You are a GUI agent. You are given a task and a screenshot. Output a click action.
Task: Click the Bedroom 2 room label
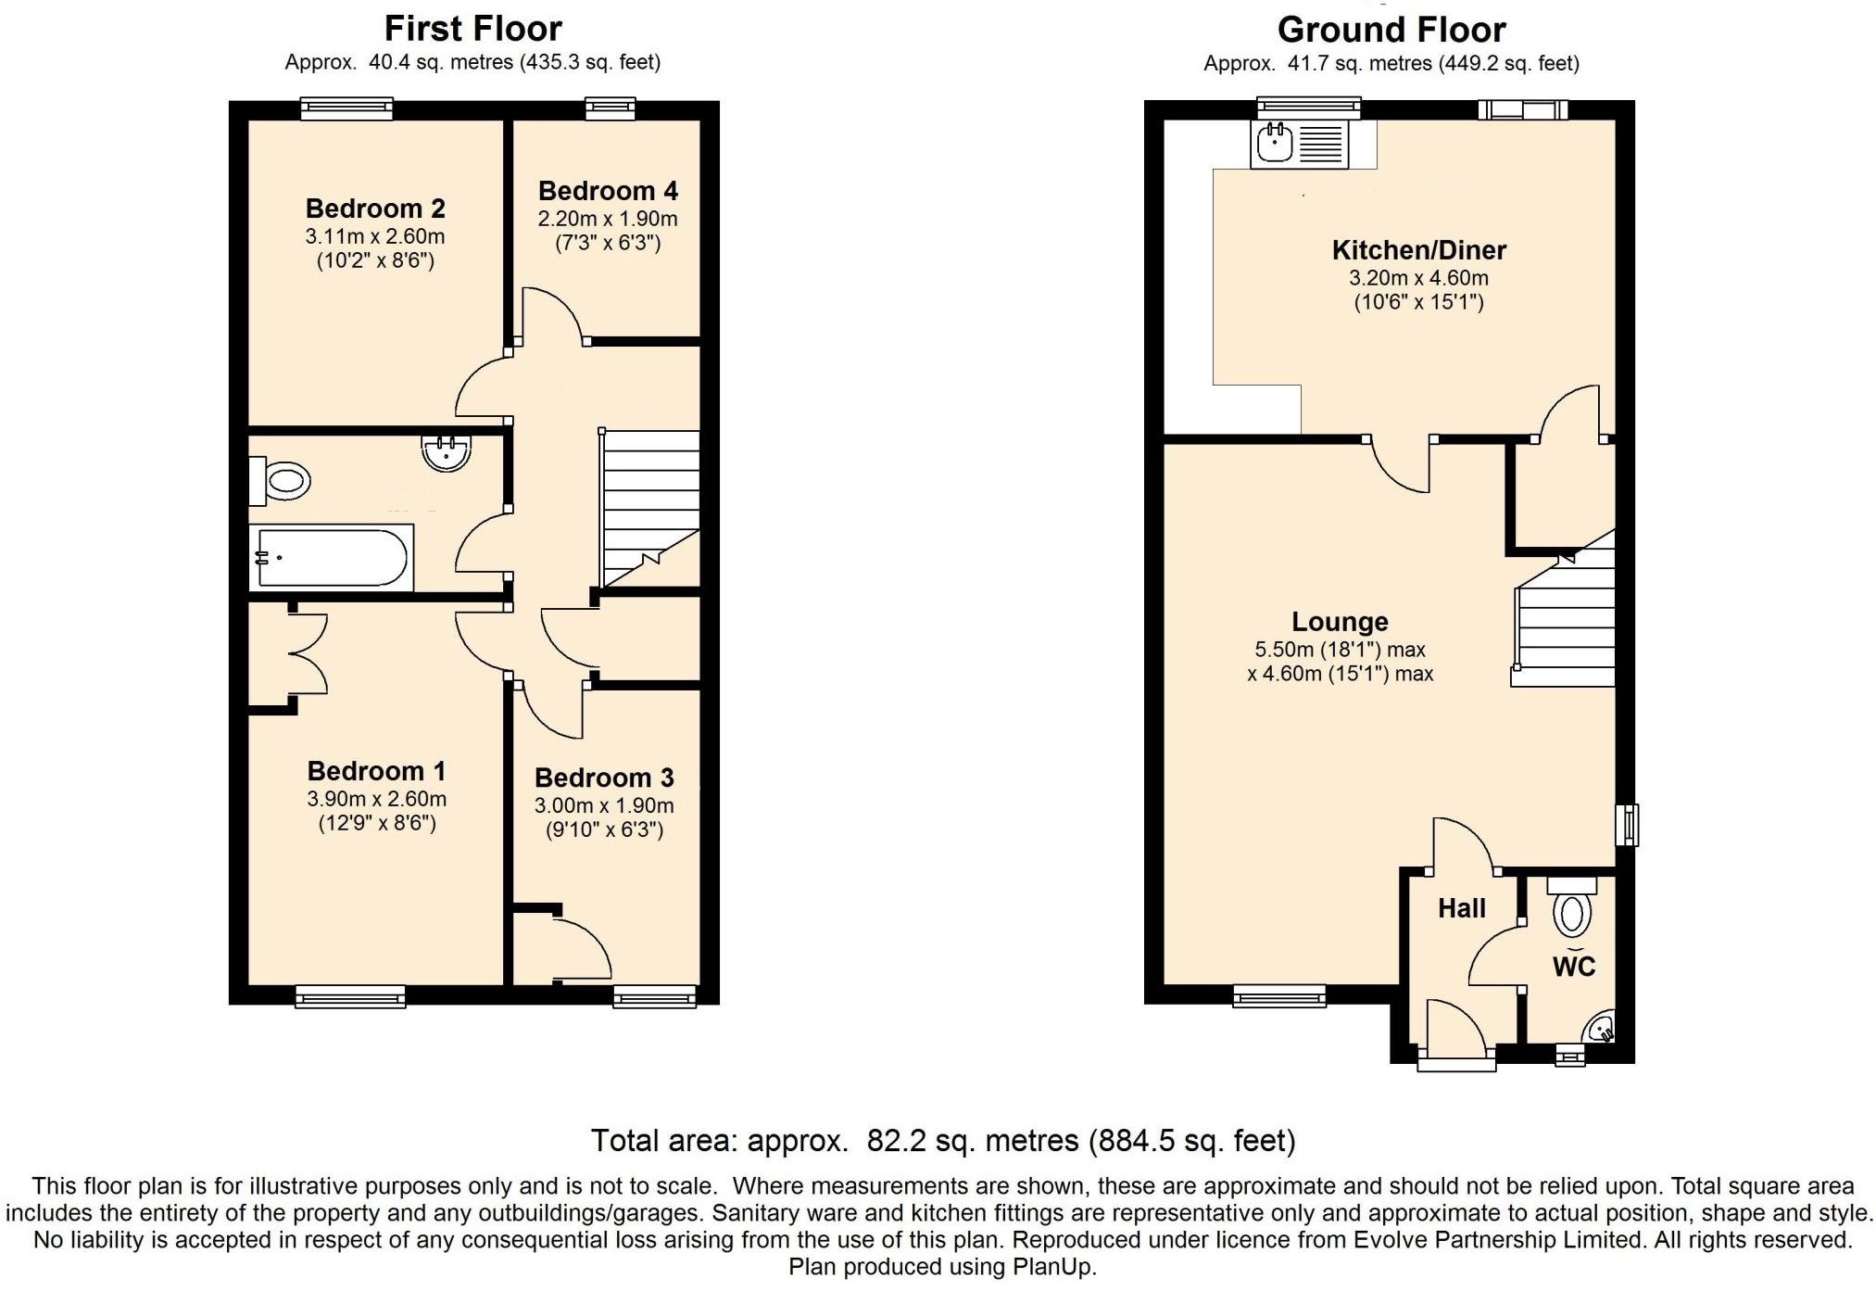coord(375,209)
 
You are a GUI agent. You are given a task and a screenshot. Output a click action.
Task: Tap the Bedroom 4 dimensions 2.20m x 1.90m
coord(608,220)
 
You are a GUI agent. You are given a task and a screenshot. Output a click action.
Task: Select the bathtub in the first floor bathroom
coord(332,558)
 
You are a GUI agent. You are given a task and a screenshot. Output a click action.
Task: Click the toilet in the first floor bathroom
coord(282,481)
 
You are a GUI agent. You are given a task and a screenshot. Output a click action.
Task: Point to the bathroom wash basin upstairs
coord(446,453)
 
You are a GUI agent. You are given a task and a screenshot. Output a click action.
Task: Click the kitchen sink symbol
coord(1275,144)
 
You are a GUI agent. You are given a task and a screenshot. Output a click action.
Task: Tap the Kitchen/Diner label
coord(1418,250)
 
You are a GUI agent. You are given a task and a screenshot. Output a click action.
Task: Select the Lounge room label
coord(1340,622)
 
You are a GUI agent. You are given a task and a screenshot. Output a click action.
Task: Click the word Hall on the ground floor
coord(1461,908)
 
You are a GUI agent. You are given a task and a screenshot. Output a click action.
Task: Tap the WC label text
coord(1573,967)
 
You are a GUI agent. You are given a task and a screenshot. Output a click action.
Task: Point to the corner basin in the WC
coord(1602,1028)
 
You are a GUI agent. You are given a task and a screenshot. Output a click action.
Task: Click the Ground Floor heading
coord(1391,30)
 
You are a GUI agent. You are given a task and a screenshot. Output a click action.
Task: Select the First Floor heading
coord(472,29)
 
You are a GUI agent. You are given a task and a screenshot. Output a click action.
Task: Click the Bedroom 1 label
coord(376,771)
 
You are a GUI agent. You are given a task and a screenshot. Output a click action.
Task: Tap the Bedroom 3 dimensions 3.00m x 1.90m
coord(604,806)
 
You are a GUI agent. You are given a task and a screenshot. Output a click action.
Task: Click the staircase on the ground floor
coord(1565,621)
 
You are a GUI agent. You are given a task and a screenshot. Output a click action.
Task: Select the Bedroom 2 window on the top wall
coord(346,109)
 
